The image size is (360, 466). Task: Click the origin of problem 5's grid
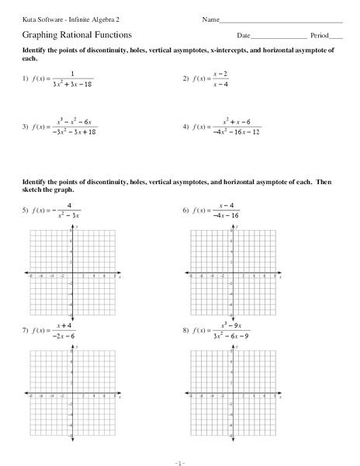pos(71,274)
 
